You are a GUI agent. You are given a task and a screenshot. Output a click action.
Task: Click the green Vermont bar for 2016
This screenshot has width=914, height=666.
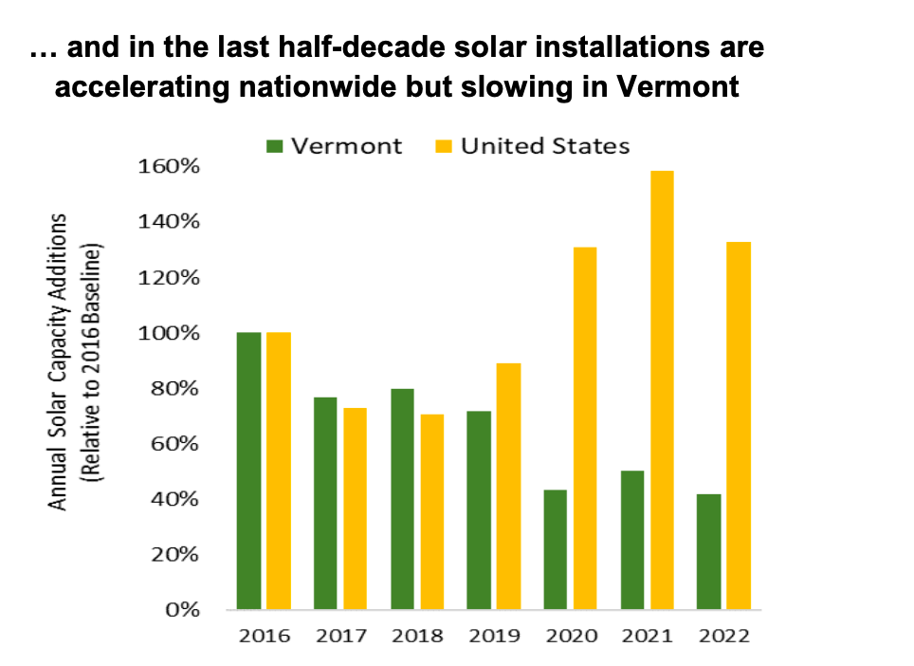[x=249, y=471]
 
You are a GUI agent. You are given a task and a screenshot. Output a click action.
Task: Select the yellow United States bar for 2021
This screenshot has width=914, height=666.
[x=661, y=390]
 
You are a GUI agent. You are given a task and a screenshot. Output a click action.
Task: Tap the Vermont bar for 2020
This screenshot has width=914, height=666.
[x=555, y=549]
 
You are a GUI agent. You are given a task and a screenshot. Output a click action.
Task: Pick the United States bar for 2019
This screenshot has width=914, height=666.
[x=508, y=486]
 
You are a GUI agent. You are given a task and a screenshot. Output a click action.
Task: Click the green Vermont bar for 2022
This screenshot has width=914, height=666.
[x=707, y=551]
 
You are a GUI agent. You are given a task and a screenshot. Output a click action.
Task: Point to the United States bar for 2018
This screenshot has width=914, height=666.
[x=432, y=511]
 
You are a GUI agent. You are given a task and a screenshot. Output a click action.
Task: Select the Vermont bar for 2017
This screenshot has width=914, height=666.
[x=325, y=503]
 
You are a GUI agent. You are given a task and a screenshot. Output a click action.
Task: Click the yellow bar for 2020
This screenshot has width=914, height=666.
[x=585, y=428]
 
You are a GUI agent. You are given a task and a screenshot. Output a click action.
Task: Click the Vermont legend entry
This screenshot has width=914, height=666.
[x=335, y=146]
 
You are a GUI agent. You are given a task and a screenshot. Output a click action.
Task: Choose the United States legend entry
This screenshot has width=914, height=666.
[x=532, y=146]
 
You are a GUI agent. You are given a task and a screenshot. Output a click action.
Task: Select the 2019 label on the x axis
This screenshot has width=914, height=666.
[x=494, y=636]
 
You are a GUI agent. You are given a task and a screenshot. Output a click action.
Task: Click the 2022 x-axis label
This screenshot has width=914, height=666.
[x=722, y=636]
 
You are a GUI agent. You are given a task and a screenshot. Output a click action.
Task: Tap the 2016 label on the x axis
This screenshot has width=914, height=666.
[x=265, y=636]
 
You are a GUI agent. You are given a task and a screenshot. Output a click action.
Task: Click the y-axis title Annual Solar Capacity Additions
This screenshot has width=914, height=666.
[x=59, y=361]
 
